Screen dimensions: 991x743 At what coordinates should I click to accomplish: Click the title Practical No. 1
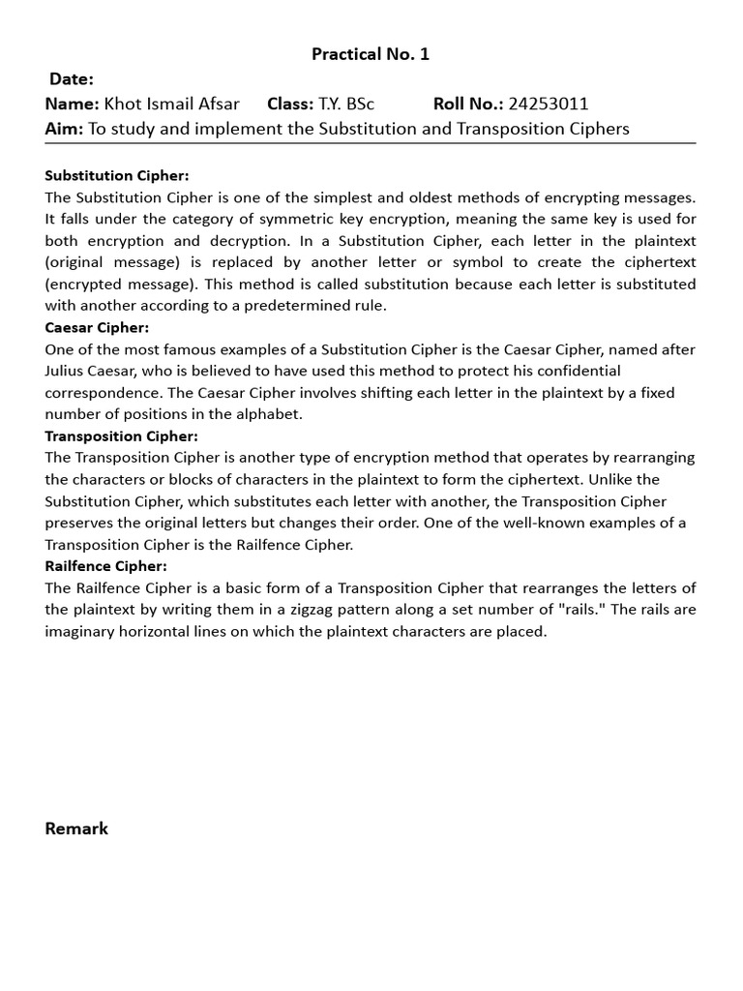pos(371,54)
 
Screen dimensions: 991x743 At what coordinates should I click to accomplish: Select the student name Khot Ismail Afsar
pos(171,105)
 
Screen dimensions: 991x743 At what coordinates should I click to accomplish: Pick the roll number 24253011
pos(549,105)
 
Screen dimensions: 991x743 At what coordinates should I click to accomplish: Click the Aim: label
pos(65,129)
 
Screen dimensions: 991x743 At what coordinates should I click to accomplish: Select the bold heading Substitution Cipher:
pos(117,175)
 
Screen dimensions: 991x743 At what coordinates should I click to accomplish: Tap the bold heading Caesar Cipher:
pos(97,327)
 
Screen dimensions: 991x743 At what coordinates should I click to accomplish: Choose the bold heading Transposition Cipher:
pos(121,435)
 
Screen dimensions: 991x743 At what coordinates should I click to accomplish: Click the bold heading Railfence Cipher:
pos(105,566)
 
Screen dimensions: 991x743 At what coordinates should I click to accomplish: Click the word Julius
pos(67,371)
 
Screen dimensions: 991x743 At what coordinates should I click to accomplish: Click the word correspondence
pos(102,393)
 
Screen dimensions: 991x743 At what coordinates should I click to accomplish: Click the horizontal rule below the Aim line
pos(371,143)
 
